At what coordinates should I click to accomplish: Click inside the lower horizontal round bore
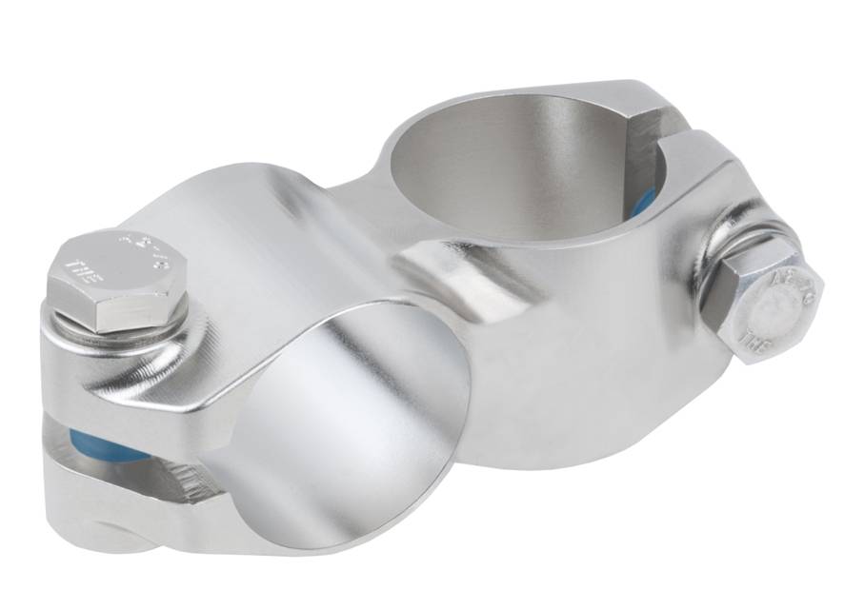point(352,419)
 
